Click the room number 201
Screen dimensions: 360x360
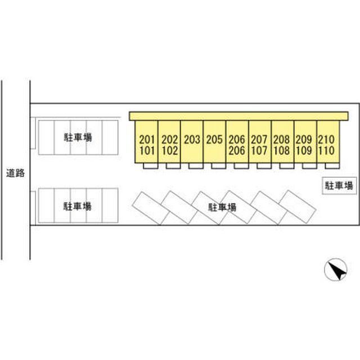point(147,139)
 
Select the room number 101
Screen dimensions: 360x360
point(147,151)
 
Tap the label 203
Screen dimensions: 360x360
point(192,139)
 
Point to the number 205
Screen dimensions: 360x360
point(214,139)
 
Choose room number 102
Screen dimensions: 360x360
point(170,151)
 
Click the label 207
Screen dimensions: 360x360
point(259,139)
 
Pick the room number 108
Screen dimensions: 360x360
point(281,151)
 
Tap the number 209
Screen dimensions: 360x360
point(304,139)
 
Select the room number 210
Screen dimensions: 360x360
point(326,139)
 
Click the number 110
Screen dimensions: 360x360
point(326,151)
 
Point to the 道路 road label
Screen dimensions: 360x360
point(15,173)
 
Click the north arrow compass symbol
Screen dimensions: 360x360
point(335,269)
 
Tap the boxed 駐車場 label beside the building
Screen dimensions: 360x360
point(339,186)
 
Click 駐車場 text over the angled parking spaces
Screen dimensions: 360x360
point(222,208)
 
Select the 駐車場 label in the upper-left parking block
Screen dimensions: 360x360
point(78,137)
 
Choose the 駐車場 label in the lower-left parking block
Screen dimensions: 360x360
point(78,206)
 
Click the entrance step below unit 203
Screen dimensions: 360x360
point(196,166)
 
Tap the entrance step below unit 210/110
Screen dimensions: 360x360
point(332,166)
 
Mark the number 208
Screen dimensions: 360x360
point(281,139)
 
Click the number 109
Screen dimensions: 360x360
point(304,151)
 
